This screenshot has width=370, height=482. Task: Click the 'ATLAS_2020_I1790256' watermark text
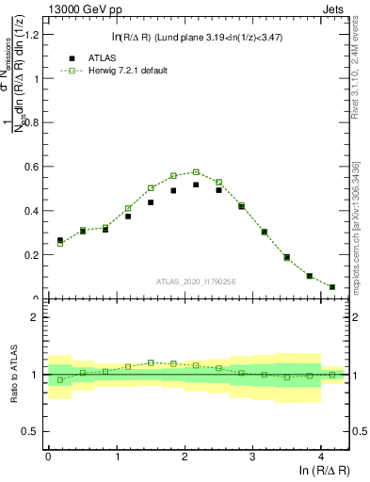197,281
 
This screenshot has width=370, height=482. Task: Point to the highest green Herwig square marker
196,172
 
